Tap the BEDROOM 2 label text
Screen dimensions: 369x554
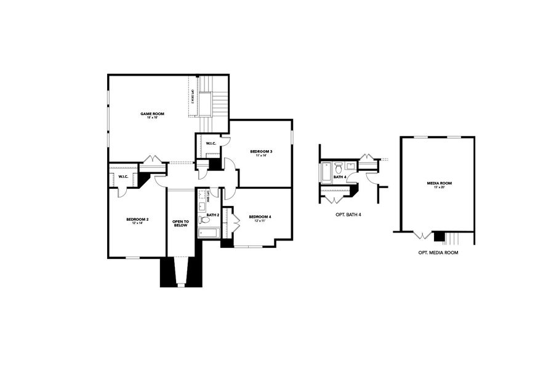point(137,219)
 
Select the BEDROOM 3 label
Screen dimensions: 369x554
point(261,151)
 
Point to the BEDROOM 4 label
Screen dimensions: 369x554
point(260,216)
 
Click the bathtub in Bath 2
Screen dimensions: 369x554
point(209,232)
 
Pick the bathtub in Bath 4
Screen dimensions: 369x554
point(326,173)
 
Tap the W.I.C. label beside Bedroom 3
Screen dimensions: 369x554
point(211,144)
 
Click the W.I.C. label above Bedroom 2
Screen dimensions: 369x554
point(123,177)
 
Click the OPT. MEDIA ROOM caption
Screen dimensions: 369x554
point(438,253)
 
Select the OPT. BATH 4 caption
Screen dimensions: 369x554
point(348,214)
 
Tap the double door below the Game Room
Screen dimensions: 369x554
point(151,160)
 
